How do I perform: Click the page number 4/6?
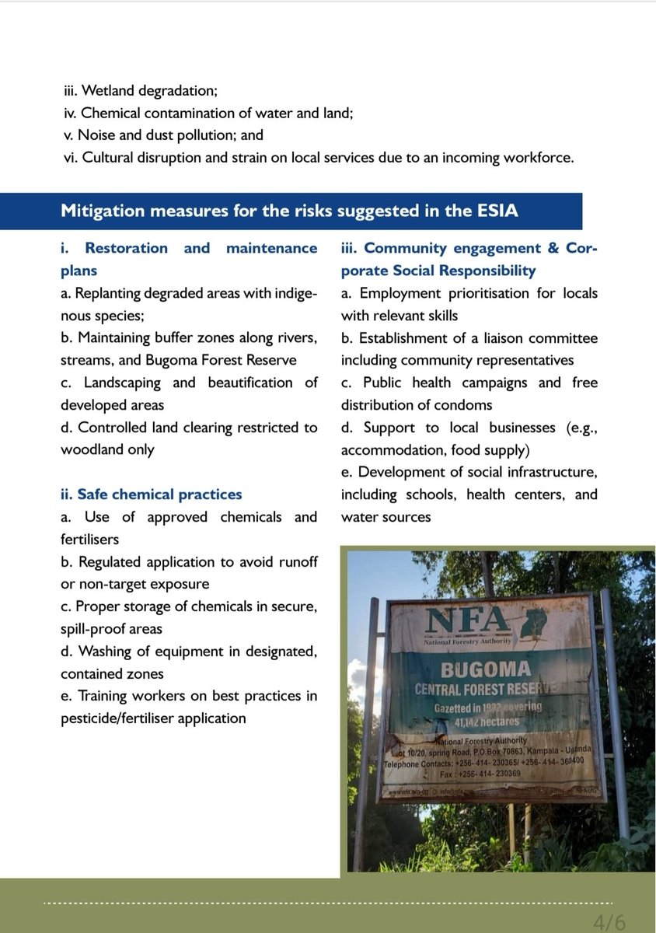tap(609, 922)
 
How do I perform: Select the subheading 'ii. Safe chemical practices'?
tap(152, 494)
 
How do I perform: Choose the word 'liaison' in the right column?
tap(491, 338)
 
